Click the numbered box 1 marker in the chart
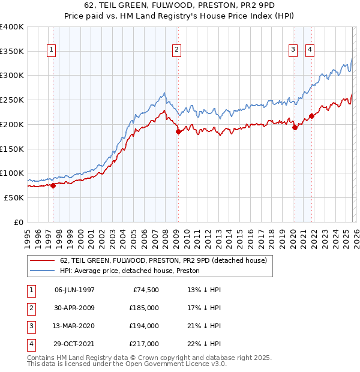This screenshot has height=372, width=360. pos(52,50)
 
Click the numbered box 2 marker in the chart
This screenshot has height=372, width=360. pos(177,50)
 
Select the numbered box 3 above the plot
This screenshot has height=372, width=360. pos(293,50)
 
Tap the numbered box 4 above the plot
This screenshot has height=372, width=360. pos(310,50)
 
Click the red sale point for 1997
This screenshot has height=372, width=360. pos(53,185)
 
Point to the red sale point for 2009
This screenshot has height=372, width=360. pos(178,131)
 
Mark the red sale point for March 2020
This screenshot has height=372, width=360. pos(295,127)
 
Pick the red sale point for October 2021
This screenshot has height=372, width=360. pos(311,116)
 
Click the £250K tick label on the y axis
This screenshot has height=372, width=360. pos(11,100)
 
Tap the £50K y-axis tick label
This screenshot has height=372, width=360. pos(14,197)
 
